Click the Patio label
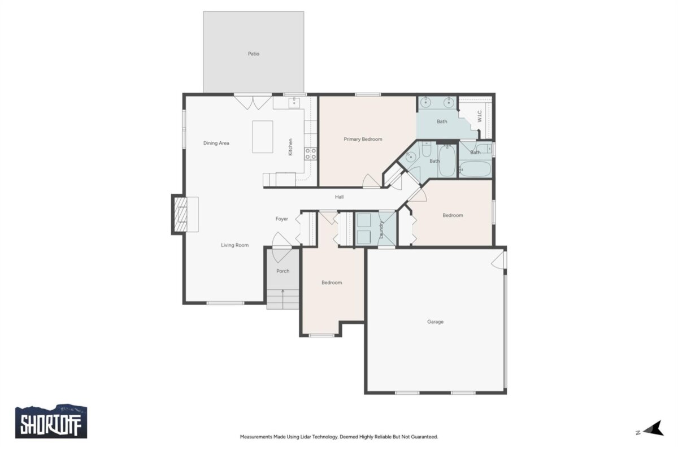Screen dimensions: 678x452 253,54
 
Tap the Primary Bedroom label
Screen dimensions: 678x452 363,139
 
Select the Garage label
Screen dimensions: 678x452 435,322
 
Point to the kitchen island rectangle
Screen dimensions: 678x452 262,137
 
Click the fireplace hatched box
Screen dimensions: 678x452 181,214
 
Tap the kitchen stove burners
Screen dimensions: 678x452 310,154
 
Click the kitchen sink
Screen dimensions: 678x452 294,103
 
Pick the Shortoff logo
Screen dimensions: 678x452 51,421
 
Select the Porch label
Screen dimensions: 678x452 282,271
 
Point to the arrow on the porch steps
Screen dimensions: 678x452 282,299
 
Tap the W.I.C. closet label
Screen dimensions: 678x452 480,116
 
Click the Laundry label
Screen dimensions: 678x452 381,229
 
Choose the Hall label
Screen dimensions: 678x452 339,197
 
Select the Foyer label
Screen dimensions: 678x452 281,219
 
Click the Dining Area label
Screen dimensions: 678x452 216,143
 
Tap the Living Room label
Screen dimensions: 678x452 234,245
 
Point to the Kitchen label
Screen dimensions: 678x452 290,147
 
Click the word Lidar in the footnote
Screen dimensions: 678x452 306,437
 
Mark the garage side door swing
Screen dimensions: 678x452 498,260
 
